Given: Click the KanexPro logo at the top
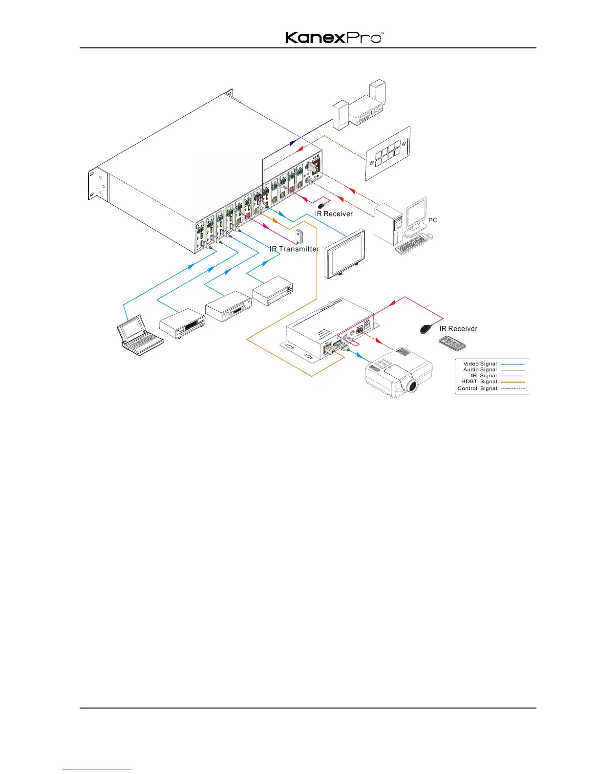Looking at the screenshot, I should point(334,38).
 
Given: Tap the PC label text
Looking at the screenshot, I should point(432,220).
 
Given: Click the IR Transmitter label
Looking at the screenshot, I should point(294,249).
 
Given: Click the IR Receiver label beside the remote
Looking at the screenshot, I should point(458,329).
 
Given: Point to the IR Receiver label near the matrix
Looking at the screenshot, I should point(334,214).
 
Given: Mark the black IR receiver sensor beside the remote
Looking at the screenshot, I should point(426,329).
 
